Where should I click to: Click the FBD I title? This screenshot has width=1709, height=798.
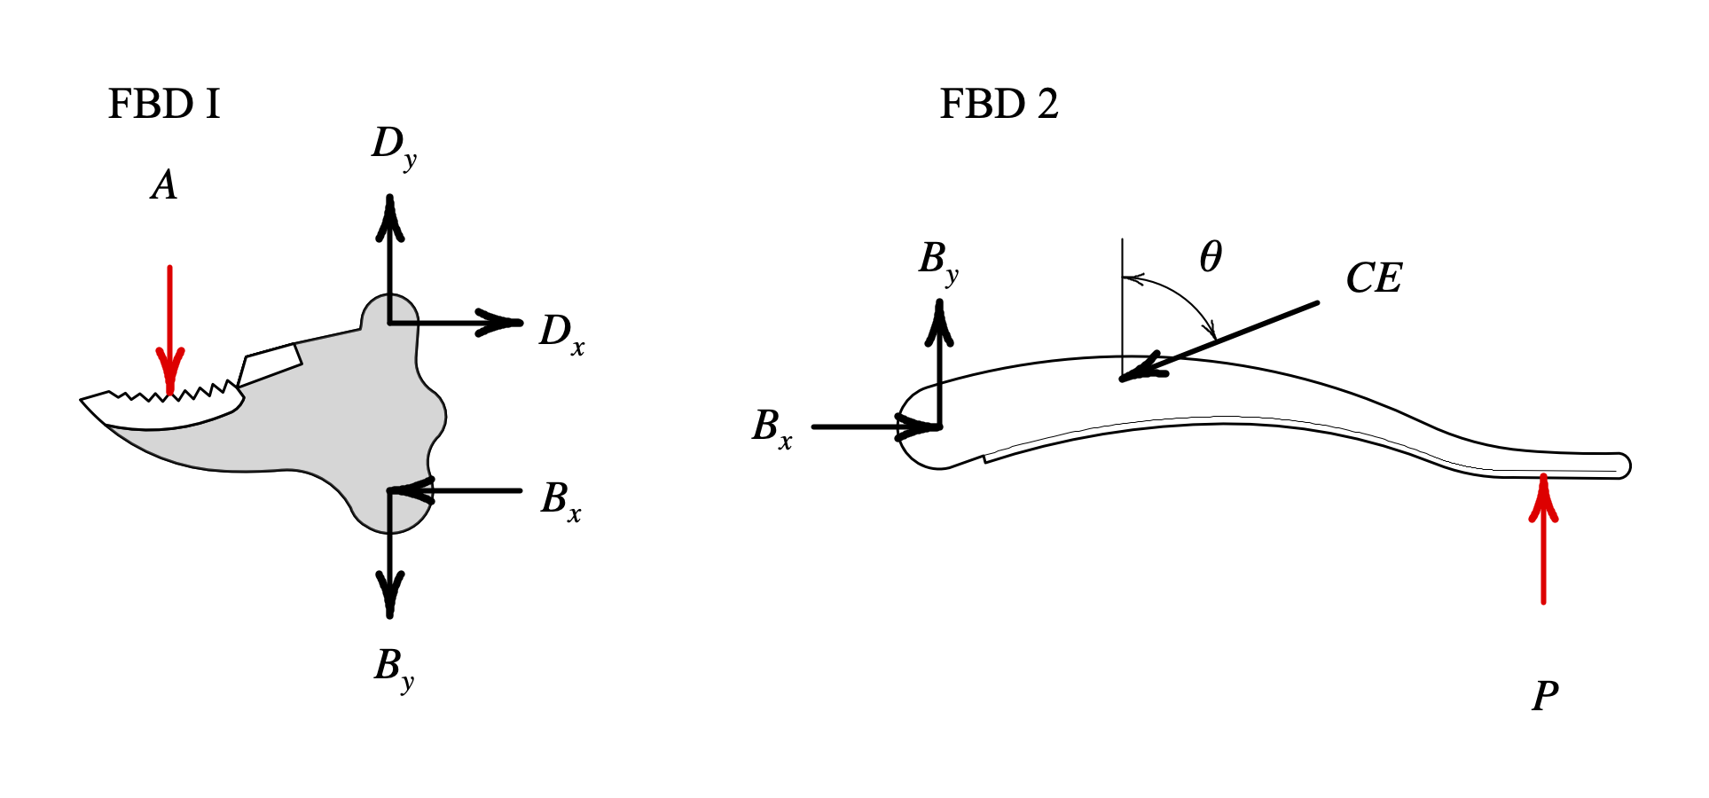coord(163,105)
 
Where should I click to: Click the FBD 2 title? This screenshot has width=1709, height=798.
coord(999,105)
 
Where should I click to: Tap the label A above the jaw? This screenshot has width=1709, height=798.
coord(164,185)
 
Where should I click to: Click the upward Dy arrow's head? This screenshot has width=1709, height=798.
coord(389,217)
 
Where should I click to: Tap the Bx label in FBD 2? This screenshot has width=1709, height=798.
coord(772,427)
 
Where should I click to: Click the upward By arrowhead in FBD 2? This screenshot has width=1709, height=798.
coord(939,322)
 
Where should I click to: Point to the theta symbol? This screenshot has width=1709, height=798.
coord(1211,257)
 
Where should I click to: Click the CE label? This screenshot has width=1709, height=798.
coord(1374,279)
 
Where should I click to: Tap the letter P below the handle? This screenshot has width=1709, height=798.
coord(1544,697)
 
